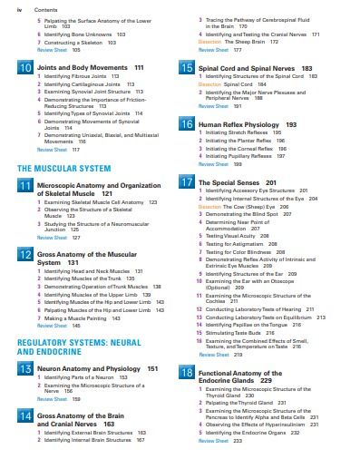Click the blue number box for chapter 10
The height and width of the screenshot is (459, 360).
pyautogui.click(x=25, y=69)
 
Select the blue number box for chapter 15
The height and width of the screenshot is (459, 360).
pyautogui.click(x=186, y=69)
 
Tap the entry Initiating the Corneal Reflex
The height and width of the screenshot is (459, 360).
pyautogui.click(x=240, y=148)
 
